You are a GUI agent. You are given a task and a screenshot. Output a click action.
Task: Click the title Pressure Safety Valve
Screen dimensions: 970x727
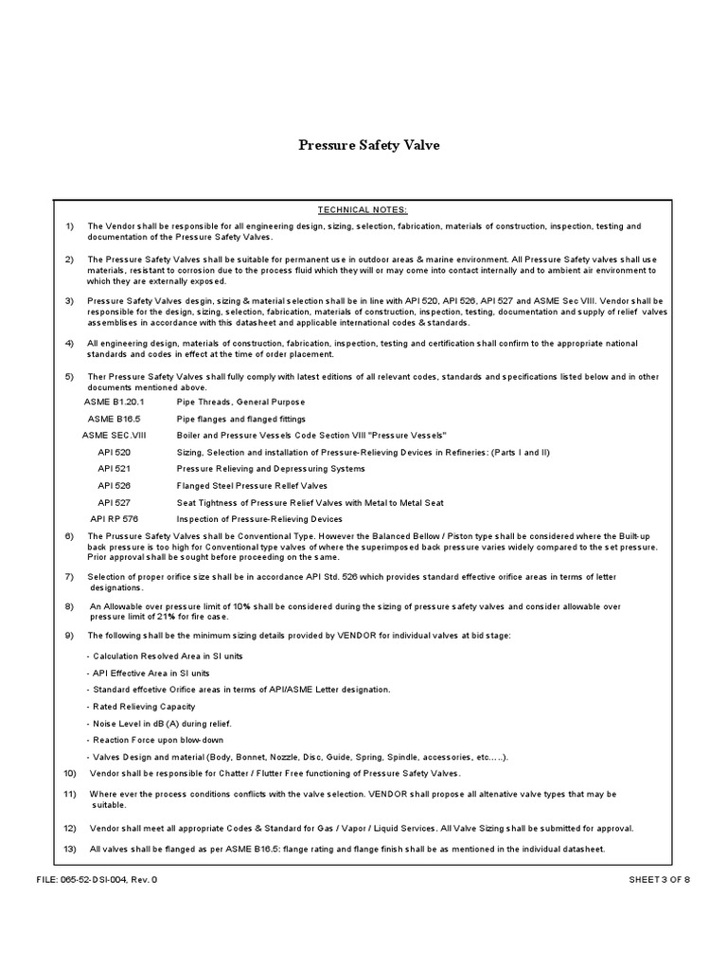point(369,146)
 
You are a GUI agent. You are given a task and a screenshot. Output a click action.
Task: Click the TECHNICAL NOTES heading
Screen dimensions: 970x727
point(363,209)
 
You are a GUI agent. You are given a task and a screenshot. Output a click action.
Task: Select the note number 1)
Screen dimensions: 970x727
point(69,226)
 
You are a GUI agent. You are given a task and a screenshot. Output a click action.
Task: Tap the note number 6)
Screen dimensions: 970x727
point(69,536)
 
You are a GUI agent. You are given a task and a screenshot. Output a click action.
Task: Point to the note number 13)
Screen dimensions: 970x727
point(71,849)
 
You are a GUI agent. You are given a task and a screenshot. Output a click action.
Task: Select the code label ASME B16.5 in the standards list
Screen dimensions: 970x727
point(114,419)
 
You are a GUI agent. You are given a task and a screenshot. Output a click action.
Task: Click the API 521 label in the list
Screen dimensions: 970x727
point(114,469)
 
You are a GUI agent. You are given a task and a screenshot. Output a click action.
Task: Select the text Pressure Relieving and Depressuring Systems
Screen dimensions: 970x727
point(271,469)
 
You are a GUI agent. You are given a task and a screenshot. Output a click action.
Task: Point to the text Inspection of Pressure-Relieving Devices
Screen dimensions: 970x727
point(259,519)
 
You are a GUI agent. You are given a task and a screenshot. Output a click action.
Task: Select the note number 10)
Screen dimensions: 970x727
point(71,773)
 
